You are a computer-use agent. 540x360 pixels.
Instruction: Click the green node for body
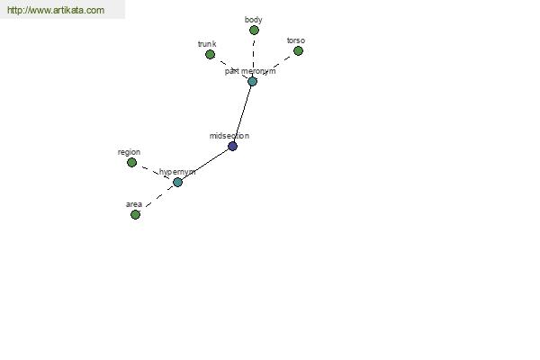tap(254, 31)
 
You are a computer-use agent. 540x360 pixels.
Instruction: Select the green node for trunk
tap(210, 54)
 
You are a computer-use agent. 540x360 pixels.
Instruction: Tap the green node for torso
tap(298, 51)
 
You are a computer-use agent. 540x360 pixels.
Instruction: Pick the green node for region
tap(132, 162)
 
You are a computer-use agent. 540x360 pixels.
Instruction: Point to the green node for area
tap(135, 214)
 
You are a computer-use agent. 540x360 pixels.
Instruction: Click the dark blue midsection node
tap(233, 146)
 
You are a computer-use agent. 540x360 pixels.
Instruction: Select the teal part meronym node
tap(252, 81)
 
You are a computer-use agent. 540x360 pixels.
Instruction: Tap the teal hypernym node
tap(177, 182)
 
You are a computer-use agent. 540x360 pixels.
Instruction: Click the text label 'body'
tap(254, 20)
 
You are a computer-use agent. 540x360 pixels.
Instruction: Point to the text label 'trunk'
tap(207, 44)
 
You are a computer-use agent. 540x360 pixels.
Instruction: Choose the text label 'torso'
tap(296, 40)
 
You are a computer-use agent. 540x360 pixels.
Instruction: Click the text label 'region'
tap(129, 152)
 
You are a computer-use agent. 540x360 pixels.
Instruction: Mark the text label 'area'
tap(134, 204)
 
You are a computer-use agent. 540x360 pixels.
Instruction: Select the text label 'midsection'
tap(229, 136)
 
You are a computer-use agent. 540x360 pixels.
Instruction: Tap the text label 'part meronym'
tap(250, 71)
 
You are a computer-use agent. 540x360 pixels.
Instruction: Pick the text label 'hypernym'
tap(177, 172)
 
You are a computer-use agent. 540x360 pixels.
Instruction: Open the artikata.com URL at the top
tap(56, 10)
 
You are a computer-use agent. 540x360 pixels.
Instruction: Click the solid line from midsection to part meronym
tap(243, 113)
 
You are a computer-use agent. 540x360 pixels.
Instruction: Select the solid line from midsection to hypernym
tap(205, 164)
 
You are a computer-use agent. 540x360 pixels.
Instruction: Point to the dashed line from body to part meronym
tap(254, 56)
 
